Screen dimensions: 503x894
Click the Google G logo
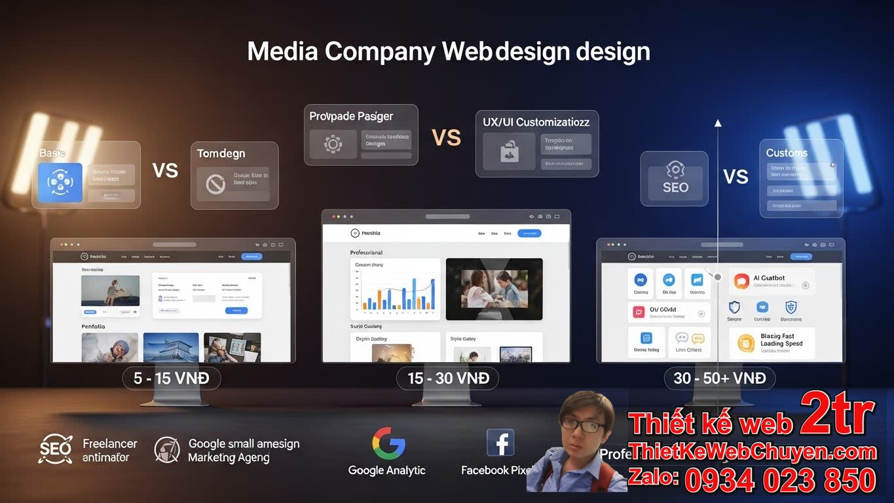point(388,443)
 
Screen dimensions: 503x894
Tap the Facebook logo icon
point(500,443)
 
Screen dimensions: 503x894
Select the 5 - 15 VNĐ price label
point(172,379)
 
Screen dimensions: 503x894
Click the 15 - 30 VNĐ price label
point(448,379)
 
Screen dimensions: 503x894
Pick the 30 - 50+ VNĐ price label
point(720,379)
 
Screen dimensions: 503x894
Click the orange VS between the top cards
point(446,138)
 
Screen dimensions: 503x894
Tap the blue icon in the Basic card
point(60,183)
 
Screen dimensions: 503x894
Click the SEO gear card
point(675,178)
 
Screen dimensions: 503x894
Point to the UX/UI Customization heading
point(536,122)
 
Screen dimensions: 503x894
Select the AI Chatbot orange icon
point(741,281)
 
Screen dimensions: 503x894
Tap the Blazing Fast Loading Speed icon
point(746,343)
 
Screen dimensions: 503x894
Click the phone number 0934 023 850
point(780,480)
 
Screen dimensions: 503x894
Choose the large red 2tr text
point(837,414)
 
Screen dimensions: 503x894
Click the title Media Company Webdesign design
point(448,52)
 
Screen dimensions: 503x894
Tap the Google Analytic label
point(386,470)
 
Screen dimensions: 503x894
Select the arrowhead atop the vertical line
point(718,122)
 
